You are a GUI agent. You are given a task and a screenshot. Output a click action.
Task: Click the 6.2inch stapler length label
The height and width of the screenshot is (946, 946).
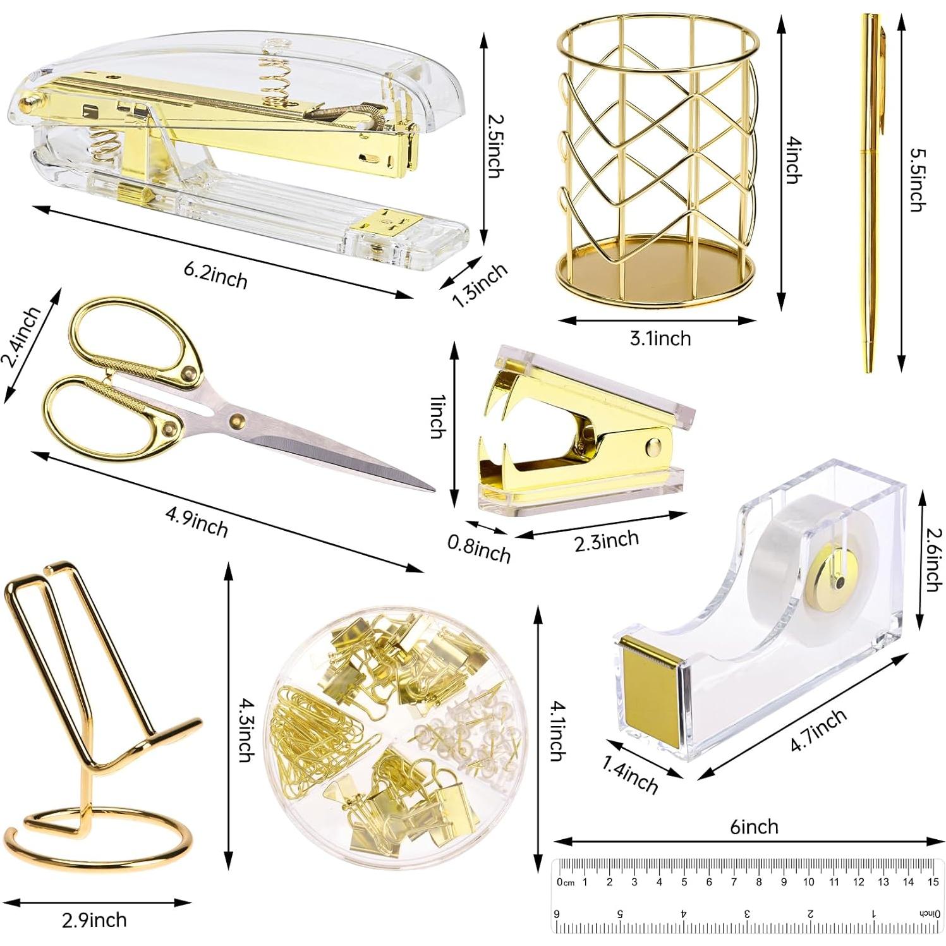pos(215,274)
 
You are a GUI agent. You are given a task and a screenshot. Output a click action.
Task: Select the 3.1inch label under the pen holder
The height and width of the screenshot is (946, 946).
pos(660,338)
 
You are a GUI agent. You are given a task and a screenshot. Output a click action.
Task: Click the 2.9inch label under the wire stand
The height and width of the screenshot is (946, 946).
pos(94,919)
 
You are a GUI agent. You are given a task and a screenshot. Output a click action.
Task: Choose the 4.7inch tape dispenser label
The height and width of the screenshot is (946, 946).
pos(818,731)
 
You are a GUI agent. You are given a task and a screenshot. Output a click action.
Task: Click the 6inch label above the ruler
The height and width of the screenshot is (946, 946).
pos(754,827)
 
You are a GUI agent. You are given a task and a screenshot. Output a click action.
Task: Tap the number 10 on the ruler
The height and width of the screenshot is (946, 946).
pos(808,882)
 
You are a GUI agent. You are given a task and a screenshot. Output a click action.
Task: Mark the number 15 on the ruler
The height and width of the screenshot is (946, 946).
pos(933,882)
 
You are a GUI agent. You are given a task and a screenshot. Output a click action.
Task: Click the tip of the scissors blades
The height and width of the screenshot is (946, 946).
pos(433,489)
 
